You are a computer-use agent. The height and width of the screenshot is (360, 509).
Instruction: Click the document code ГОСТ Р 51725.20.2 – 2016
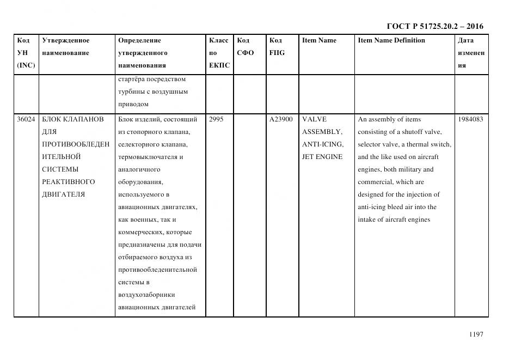point(434,26)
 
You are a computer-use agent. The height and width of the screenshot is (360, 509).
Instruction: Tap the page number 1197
point(476,334)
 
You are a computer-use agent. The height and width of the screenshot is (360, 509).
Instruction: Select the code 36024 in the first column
point(26,119)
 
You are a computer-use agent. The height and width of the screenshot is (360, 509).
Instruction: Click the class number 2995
point(216,119)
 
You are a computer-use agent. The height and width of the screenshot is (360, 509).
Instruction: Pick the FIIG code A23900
point(281,119)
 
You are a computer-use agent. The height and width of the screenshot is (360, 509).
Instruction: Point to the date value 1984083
point(470,119)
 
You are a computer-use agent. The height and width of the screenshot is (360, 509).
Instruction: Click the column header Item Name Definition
point(391,40)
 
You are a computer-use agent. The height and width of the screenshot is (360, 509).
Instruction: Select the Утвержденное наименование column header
point(66,47)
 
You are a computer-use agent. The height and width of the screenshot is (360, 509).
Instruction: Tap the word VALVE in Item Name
point(314,119)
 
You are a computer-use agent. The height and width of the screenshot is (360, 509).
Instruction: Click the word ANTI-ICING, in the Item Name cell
point(323,144)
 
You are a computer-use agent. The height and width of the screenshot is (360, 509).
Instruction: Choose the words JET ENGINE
point(322,157)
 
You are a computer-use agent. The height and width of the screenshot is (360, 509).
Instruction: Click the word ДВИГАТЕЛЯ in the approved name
point(63,194)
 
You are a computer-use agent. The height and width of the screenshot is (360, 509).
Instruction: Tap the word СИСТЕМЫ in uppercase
point(60,169)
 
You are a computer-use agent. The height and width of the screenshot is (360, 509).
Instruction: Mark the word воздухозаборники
point(146,295)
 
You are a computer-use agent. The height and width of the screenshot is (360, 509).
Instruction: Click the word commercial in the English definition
point(376,182)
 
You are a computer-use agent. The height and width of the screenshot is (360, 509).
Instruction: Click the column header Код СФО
point(245,47)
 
